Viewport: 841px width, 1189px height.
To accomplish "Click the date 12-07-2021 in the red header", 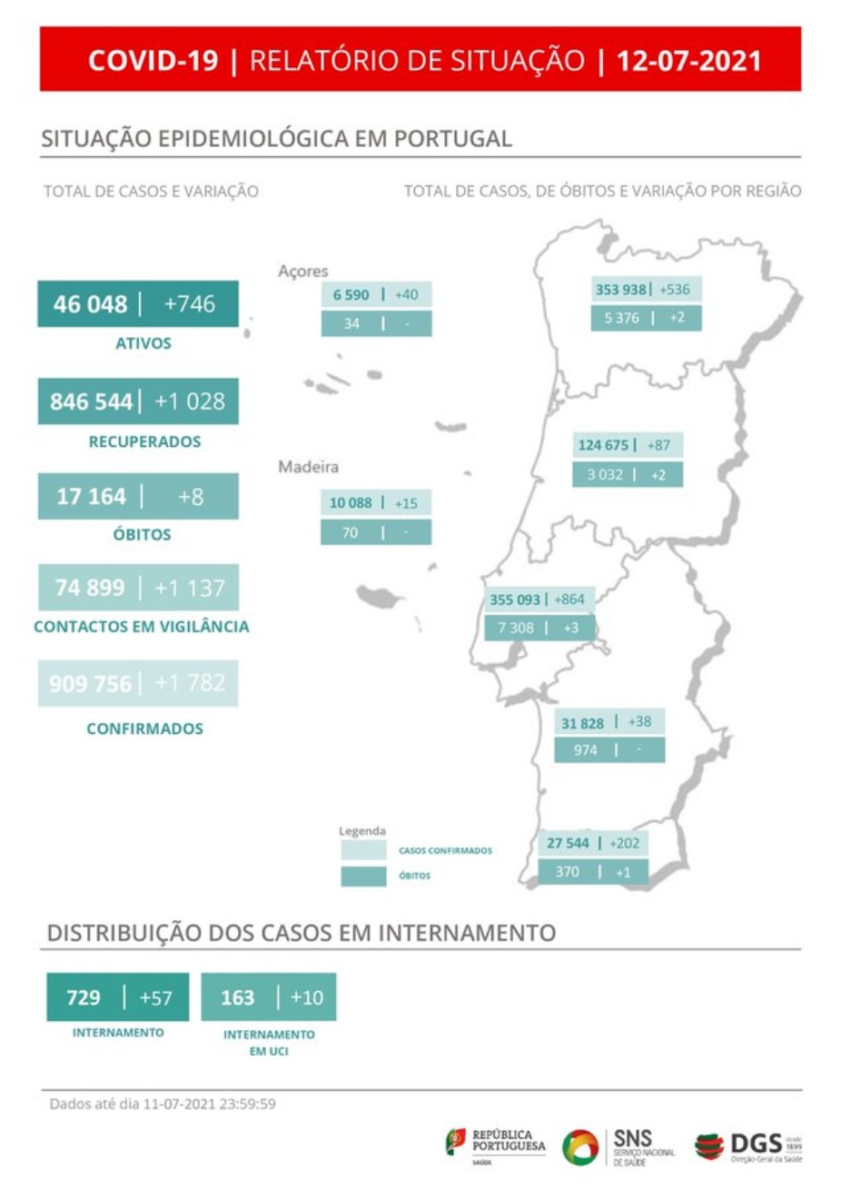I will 688,61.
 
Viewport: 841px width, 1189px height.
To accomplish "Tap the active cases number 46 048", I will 90,304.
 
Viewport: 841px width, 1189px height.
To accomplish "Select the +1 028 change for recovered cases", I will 190,401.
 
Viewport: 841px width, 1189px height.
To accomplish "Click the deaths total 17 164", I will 91,497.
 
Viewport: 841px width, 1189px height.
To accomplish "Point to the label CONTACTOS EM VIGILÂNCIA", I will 141,627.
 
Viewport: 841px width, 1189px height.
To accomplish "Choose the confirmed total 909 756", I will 90,684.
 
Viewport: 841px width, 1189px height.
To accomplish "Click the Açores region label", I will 303,271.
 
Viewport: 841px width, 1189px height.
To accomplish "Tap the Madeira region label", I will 308,467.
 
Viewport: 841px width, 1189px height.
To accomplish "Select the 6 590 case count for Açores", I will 351,295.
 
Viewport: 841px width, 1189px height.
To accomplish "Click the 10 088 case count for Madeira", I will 351,503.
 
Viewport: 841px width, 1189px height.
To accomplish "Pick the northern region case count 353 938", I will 620,290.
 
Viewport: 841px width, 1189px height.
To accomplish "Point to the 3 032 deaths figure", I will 605,474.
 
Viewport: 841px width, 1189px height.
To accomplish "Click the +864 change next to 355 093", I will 569,599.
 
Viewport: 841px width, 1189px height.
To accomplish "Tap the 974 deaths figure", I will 586,750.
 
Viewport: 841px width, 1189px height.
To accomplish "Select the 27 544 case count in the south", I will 568,844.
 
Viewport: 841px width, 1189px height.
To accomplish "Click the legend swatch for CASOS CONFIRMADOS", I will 363,851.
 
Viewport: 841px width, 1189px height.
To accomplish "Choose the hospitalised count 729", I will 84,997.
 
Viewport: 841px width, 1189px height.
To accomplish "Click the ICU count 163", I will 238,997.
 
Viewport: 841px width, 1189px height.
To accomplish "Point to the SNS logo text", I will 633,1139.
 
